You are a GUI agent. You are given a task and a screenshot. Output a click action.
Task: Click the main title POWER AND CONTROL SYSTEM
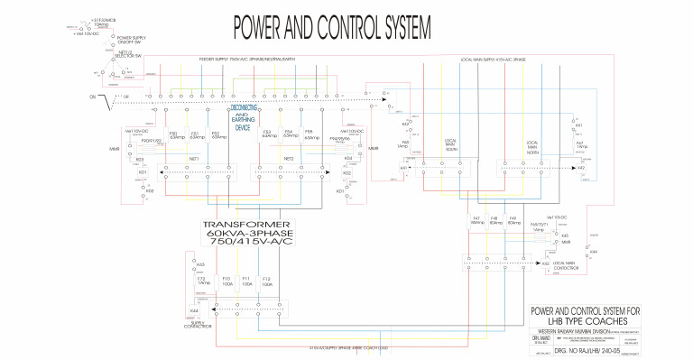(328, 28)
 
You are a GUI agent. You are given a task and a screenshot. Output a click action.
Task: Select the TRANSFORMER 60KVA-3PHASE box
(246, 234)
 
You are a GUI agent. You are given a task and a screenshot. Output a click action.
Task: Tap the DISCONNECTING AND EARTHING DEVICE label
(243, 117)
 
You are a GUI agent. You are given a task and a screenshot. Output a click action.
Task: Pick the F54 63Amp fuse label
(289, 135)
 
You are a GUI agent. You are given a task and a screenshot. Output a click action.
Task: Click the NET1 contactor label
(192, 158)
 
